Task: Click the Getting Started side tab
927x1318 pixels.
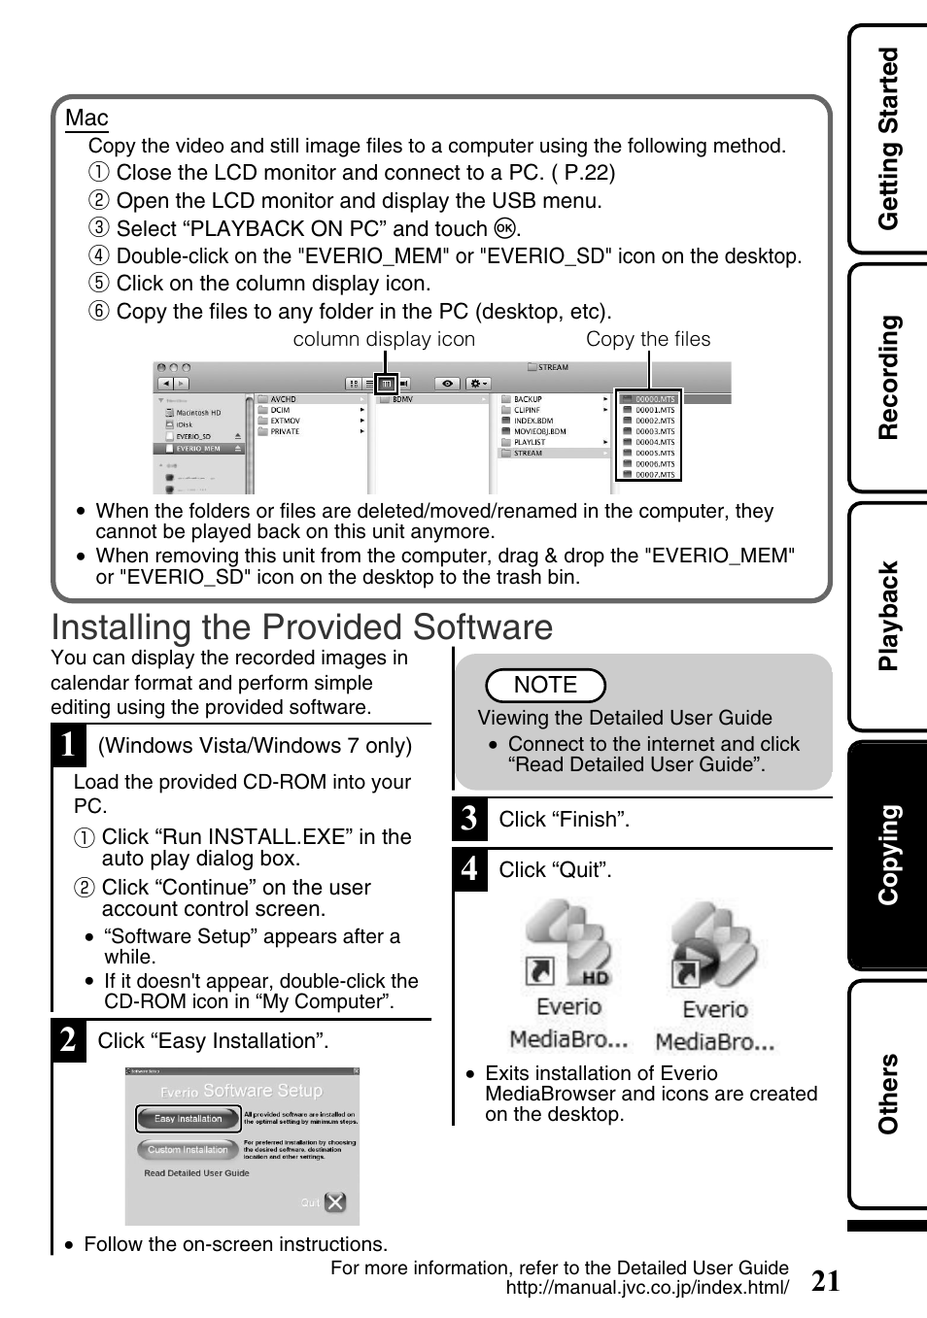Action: pos(888,139)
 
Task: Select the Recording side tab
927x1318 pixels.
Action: pos(888,377)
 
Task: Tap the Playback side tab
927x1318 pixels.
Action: pos(888,616)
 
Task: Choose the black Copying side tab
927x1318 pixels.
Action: pos(888,855)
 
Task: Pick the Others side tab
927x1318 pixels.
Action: pos(888,1094)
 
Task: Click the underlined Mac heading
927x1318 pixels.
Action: pos(86,118)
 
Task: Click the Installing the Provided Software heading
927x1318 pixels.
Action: pos(301,627)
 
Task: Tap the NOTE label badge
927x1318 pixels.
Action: pos(545,685)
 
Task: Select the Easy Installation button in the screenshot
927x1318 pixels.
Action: pos(189,1119)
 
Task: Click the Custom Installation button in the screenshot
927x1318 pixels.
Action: pos(188,1150)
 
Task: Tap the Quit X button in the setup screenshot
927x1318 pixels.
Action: pos(334,1202)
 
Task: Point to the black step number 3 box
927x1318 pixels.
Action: pos(469,819)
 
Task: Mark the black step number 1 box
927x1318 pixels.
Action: pos(68,745)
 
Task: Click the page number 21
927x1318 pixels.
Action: pos(825,1281)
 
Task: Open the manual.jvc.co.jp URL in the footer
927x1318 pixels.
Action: pos(647,1288)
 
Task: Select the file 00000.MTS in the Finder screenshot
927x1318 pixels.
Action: pos(654,399)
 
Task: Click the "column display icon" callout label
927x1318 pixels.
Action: pos(384,339)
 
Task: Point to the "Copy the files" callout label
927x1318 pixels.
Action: pos(648,339)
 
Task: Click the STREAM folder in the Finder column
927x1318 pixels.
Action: pos(529,453)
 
